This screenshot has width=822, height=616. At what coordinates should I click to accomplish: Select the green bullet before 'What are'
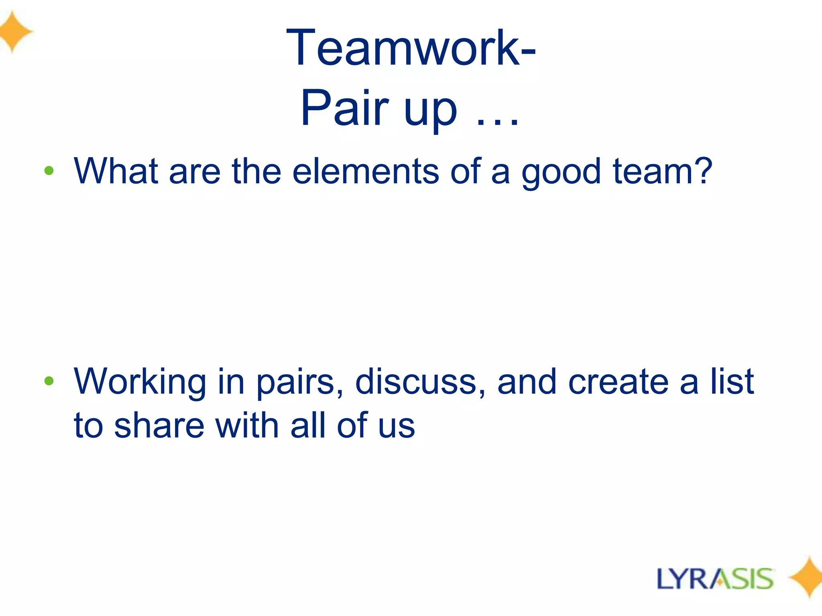click(49, 171)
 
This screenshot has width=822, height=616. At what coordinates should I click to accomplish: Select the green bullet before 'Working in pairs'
click(49, 381)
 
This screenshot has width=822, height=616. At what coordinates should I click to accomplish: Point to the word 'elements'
click(365, 171)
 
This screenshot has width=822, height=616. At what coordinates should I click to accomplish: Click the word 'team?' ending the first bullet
click(662, 171)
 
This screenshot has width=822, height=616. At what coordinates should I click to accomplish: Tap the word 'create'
click(618, 382)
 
